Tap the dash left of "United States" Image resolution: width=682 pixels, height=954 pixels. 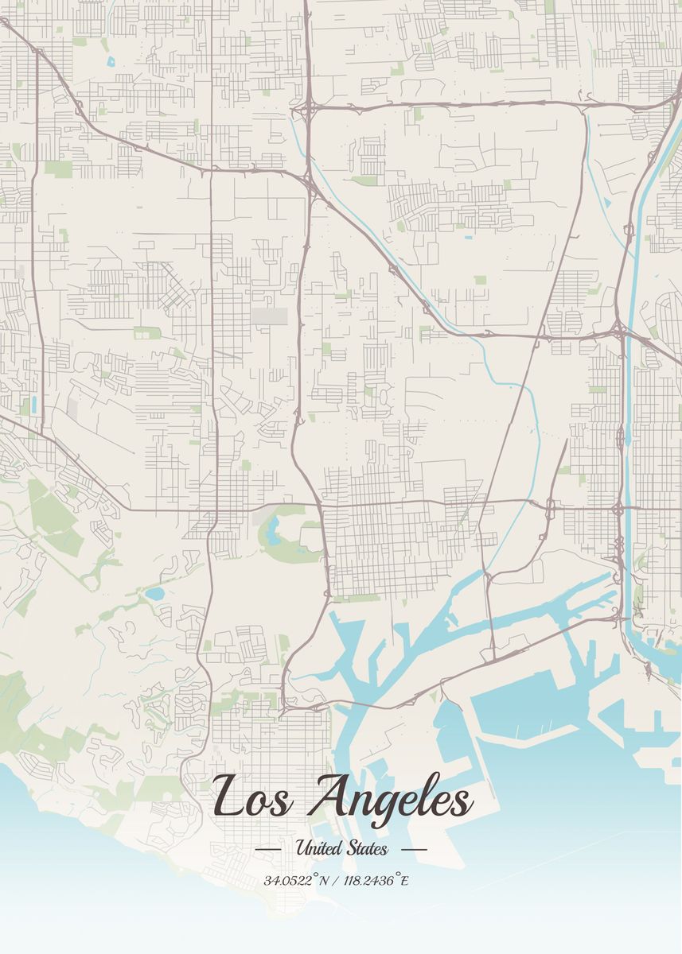click(268, 849)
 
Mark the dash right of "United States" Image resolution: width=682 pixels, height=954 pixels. click(414, 849)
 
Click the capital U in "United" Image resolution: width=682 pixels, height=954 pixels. click(302, 848)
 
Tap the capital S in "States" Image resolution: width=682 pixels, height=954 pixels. click(352, 848)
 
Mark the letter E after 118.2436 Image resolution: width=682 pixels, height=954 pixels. click(404, 881)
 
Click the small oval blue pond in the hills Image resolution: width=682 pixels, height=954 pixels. click(154, 593)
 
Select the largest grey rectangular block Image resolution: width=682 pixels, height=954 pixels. click(268, 316)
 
